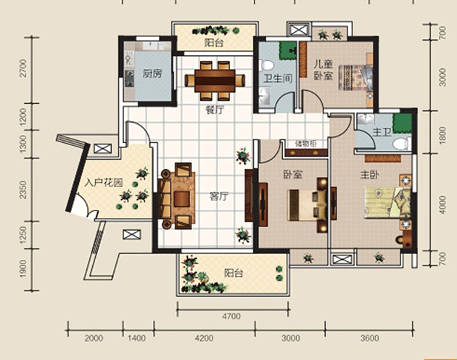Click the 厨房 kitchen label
pos(152,74)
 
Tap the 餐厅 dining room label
pos(215,110)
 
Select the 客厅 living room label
pos(218,197)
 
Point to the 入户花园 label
pos(104,183)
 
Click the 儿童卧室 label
pos(324,70)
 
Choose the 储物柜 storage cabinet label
pos(305,144)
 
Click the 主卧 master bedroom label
pos(369,175)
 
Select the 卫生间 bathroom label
pos(278,78)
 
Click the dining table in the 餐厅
pos(215,81)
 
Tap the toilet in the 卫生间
pos(266,65)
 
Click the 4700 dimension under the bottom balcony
pos(231,316)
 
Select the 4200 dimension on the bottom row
pos(204,338)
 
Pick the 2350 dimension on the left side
pos(23,190)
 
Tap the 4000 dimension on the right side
pos(442,205)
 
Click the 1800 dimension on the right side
pos(442,134)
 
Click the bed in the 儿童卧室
pos(355,78)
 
